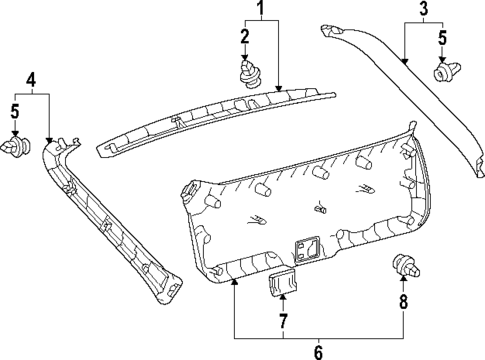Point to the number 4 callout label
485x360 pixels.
pos(31,79)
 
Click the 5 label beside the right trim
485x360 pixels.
pos(441,40)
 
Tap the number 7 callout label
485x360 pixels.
pos(283,321)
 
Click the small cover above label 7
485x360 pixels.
pos(282,283)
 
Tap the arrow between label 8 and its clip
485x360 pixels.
pos(404,285)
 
